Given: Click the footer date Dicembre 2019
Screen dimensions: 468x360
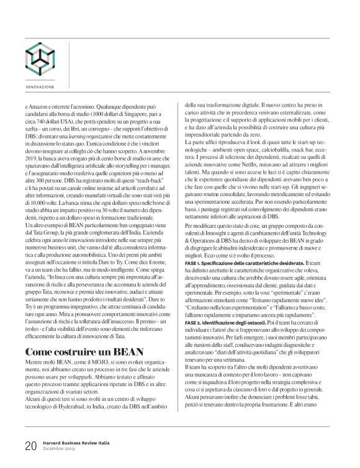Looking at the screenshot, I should (57, 448).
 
